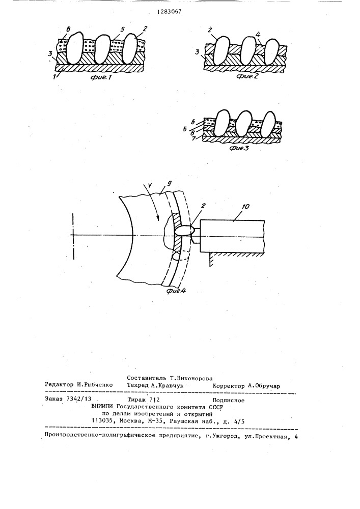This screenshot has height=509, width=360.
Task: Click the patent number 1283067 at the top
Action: tap(169, 12)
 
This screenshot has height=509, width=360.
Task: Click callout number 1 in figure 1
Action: tap(59, 75)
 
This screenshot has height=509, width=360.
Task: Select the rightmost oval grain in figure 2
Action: tap(271, 52)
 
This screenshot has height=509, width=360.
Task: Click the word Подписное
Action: tap(229, 400)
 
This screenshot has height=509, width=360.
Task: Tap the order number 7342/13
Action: tap(78, 400)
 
